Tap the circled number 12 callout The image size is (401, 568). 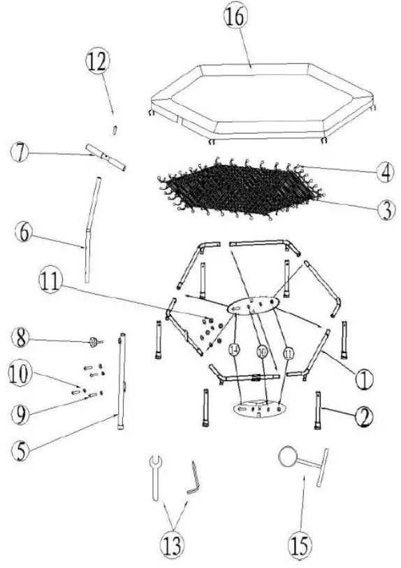click(98, 62)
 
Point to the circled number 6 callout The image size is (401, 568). click(23, 233)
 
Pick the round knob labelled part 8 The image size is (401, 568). click(92, 342)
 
